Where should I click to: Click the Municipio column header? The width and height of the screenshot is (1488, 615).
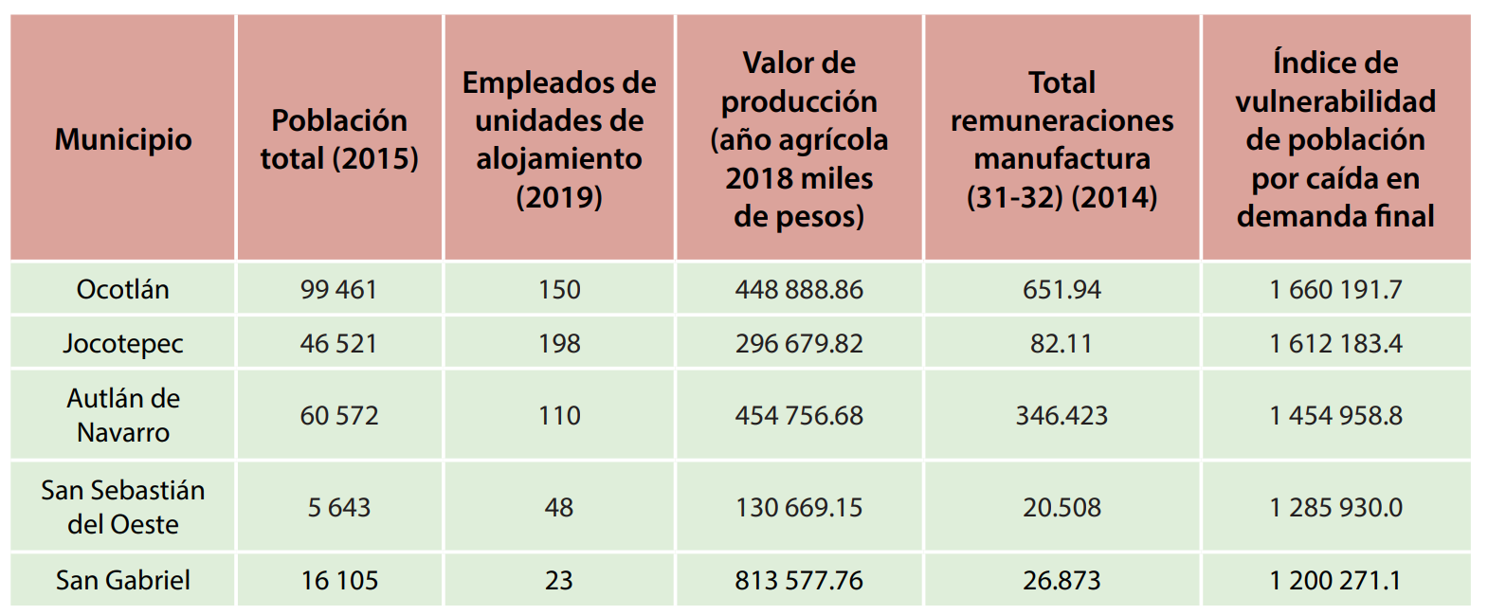click(123, 139)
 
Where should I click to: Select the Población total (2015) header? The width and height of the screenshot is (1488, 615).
click(339, 139)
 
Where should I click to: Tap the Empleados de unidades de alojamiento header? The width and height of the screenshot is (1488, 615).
click(559, 139)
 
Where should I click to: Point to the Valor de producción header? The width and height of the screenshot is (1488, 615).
click(799, 139)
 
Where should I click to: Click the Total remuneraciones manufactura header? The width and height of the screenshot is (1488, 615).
click(1062, 139)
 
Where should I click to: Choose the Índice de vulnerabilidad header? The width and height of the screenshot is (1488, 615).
click(1335, 139)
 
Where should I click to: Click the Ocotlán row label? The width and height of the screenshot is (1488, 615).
click(123, 289)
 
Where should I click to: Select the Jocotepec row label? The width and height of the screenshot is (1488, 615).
click(123, 343)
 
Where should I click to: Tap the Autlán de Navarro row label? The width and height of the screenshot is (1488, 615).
click(123, 415)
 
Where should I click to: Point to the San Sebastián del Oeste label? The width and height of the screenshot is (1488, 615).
click(123, 507)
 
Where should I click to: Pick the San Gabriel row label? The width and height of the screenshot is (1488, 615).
click(123, 580)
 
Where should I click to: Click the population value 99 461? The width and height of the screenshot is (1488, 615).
click(339, 289)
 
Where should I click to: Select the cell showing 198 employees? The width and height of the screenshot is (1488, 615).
click(559, 343)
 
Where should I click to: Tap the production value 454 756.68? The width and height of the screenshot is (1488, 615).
click(799, 415)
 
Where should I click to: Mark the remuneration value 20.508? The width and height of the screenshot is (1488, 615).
click(1062, 507)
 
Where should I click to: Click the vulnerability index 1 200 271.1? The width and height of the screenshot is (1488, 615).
click(1335, 580)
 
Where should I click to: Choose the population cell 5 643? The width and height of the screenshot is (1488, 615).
click(339, 507)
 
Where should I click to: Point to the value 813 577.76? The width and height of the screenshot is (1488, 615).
click(799, 580)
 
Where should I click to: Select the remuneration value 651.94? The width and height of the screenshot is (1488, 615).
click(1062, 289)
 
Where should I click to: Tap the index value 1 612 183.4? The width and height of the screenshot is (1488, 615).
click(1335, 343)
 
